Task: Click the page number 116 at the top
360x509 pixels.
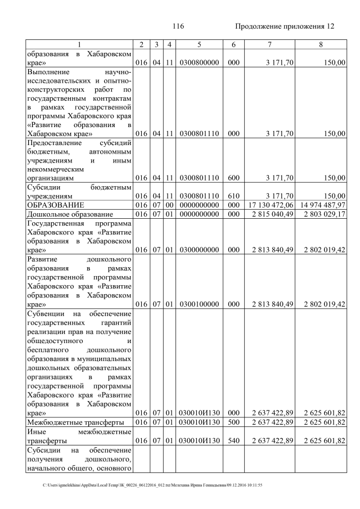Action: coord(179,26)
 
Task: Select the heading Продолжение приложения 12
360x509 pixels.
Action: coord(284,26)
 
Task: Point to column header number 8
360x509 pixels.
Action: coord(320,45)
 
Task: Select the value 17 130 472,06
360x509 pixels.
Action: coord(272,205)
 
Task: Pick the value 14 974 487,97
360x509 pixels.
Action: coord(322,205)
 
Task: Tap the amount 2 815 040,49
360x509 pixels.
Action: coord(273,214)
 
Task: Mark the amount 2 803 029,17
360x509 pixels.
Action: coord(323,214)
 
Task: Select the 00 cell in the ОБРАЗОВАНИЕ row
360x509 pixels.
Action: coord(169,205)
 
